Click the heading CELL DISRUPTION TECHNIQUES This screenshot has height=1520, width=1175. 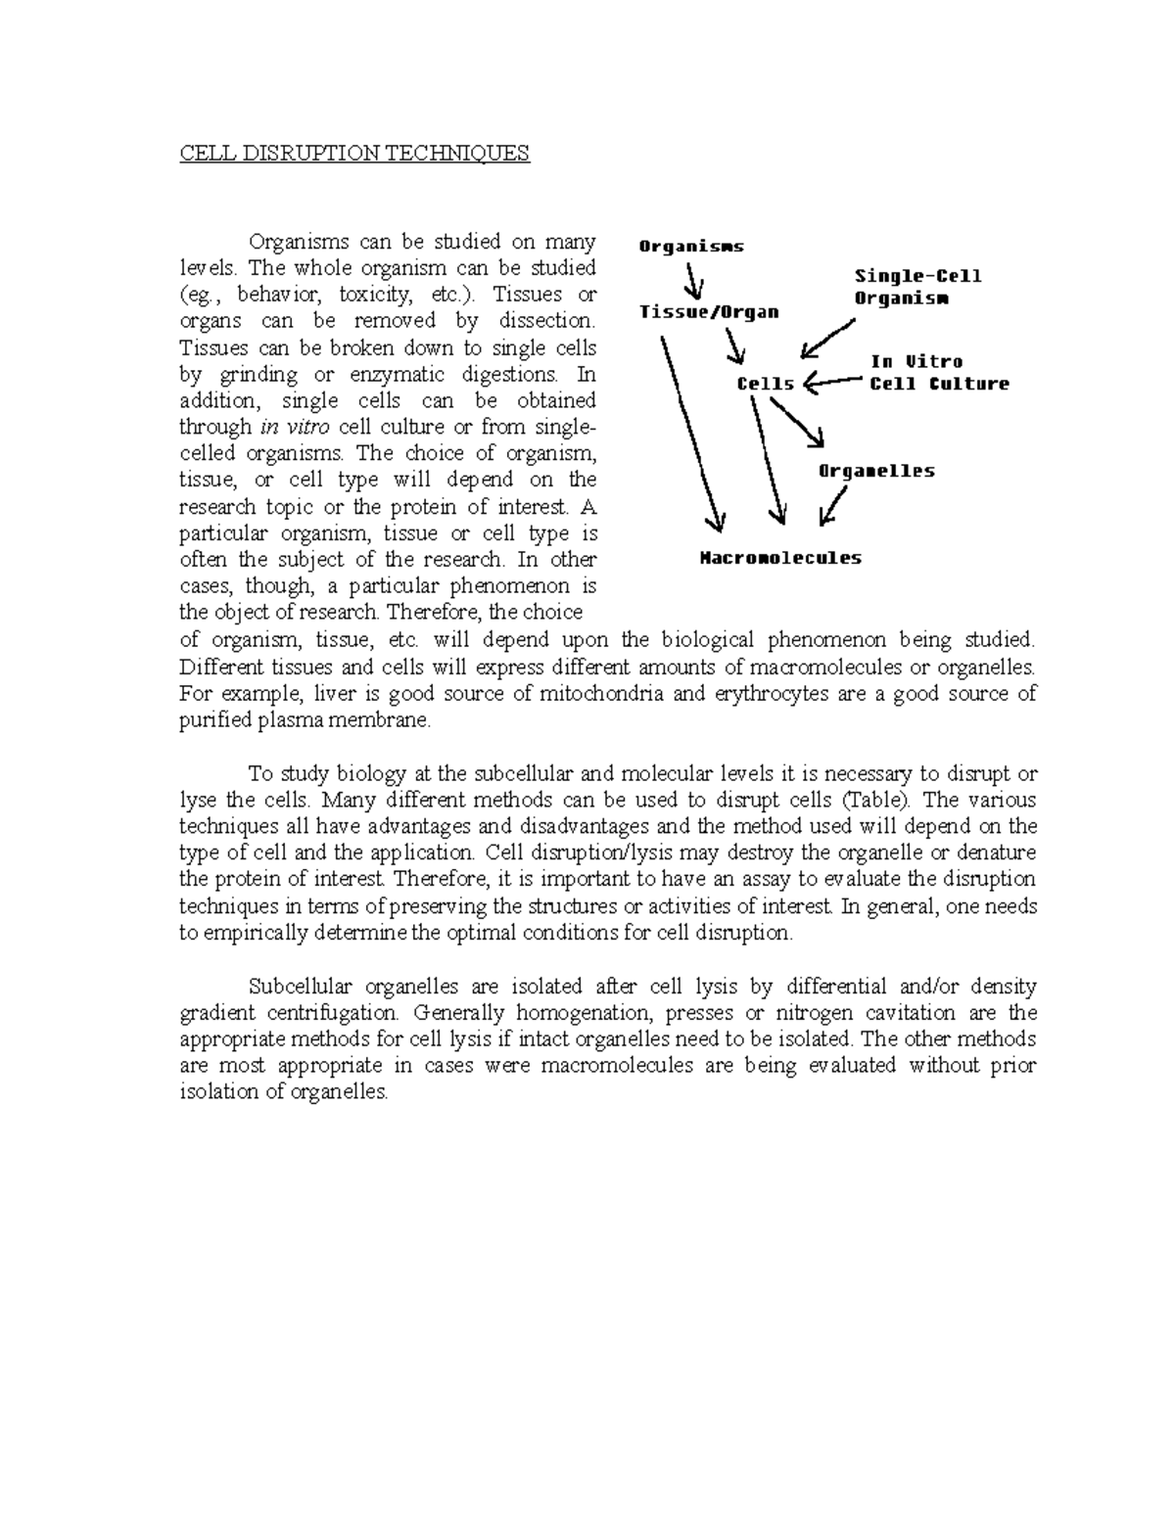[354, 154]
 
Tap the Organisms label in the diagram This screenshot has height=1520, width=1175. [691, 247]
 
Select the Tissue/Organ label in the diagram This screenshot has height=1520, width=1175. [709, 312]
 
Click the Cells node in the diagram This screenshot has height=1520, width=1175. [765, 384]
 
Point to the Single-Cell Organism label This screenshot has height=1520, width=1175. [916, 288]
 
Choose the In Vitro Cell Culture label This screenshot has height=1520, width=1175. [938, 373]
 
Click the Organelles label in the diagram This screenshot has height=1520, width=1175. [875, 471]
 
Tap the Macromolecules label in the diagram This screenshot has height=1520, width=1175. [780, 559]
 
